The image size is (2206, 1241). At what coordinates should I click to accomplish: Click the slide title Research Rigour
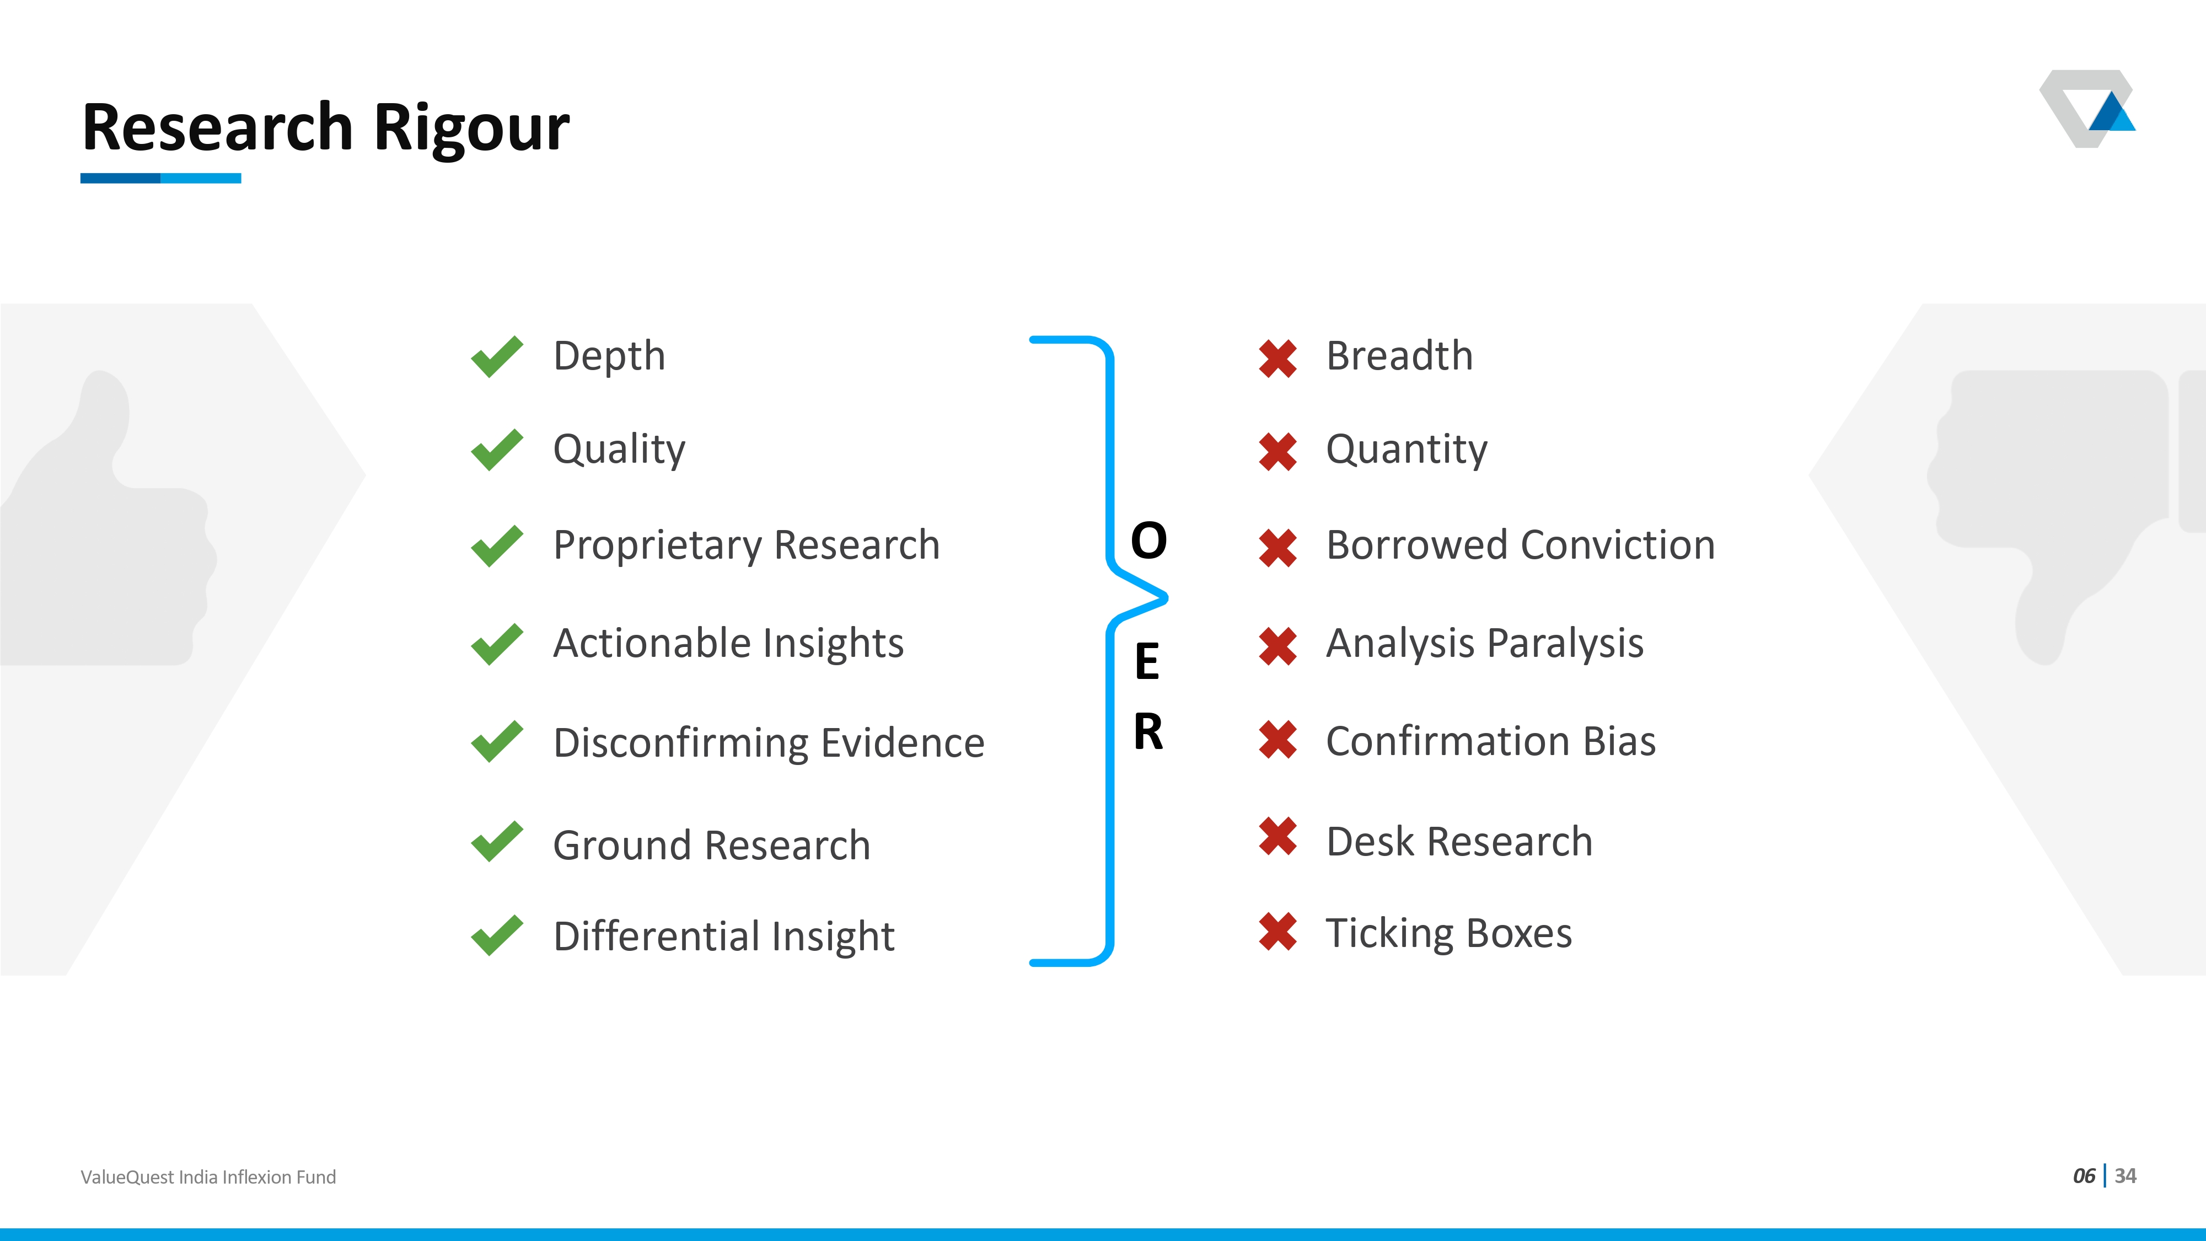point(325,127)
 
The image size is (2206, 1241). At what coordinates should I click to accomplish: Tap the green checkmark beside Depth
point(497,356)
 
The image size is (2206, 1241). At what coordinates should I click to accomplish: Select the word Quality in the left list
point(619,450)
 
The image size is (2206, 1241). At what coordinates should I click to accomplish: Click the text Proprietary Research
point(746,545)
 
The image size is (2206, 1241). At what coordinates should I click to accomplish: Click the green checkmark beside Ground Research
point(497,841)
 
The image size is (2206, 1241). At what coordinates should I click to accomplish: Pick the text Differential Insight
point(723,936)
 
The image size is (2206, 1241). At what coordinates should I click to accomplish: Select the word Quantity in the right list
point(1406,450)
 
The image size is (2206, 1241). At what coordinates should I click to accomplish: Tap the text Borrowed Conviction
point(1520,545)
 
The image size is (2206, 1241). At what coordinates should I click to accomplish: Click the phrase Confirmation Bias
point(1491,742)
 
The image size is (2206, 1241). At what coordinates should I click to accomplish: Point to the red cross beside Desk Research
point(1278,836)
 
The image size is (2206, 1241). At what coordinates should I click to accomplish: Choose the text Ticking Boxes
point(1449,934)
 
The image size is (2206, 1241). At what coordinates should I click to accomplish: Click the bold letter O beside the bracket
point(1148,541)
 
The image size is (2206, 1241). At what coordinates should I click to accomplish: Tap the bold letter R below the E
point(1148,732)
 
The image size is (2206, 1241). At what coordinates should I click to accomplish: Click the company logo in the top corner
point(2087,109)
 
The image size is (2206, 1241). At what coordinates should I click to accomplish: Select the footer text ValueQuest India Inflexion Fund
point(208,1178)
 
